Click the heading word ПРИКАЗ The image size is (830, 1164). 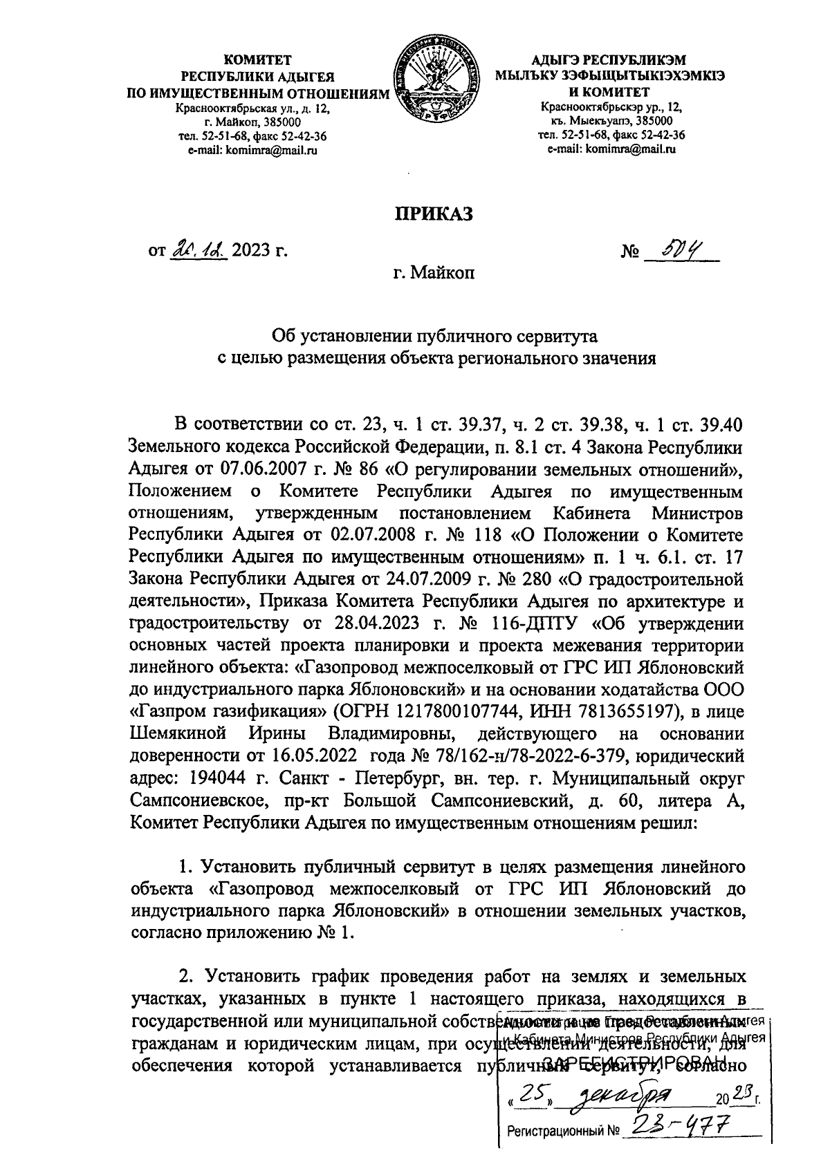pyautogui.click(x=434, y=214)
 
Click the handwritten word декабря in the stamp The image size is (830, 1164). pyautogui.click(x=622, y=1094)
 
